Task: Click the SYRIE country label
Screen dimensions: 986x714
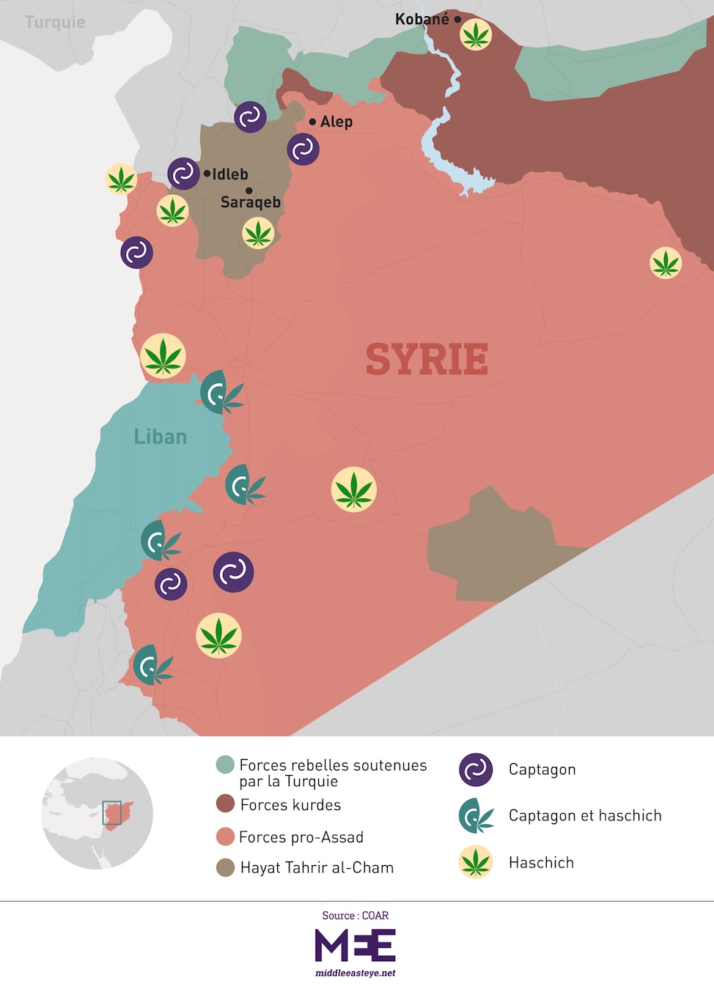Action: tap(427, 359)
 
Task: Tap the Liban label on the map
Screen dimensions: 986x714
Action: tap(160, 437)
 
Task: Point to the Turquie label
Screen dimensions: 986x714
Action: tap(55, 22)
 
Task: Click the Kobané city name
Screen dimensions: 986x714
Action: tap(422, 19)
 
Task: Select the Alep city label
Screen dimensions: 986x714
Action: tap(336, 122)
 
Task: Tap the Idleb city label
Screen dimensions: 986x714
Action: tap(229, 174)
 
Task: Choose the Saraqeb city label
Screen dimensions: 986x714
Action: tap(250, 202)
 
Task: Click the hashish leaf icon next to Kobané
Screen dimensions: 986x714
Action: tap(475, 34)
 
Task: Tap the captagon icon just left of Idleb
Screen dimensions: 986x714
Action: tap(183, 174)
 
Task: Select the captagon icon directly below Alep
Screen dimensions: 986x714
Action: tap(303, 149)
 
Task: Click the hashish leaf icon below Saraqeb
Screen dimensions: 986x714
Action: tap(257, 234)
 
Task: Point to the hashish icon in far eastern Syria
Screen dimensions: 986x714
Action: tap(666, 263)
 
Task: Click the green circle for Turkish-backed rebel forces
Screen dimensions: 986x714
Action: tap(225, 765)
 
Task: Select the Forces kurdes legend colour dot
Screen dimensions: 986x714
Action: tap(225, 804)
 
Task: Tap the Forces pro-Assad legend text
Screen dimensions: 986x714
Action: tap(301, 837)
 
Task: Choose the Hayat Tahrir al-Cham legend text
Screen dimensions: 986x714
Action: tap(317, 867)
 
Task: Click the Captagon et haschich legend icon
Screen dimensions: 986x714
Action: tap(475, 815)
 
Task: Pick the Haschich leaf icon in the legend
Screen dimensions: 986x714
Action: tap(475, 862)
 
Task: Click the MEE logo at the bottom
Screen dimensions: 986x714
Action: tap(356, 946)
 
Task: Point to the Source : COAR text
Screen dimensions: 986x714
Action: tap(356, 916)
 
